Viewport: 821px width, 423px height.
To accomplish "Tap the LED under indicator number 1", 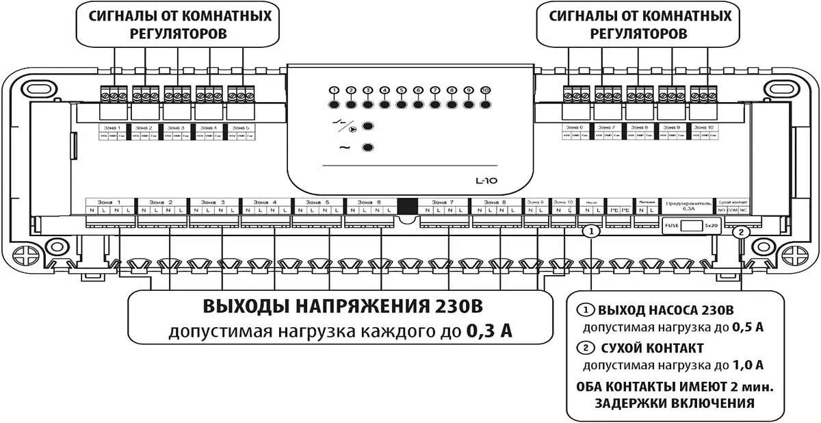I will click(335, 105).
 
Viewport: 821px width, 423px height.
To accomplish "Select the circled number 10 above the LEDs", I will click(486, 91).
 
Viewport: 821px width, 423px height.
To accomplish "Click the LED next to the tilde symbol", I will click(368, 148).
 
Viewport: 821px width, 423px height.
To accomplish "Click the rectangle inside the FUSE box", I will click(694, 225).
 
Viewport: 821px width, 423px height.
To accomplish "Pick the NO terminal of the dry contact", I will click(721, 211).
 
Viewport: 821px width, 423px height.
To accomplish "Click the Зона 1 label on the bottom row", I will click(108, 203).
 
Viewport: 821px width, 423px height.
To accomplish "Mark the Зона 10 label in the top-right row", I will click(703, 127).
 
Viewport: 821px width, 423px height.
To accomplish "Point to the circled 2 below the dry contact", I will click(740, 233).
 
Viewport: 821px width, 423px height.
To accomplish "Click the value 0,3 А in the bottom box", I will click(488, 331).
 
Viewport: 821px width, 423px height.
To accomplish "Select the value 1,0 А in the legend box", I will click(748, 365).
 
